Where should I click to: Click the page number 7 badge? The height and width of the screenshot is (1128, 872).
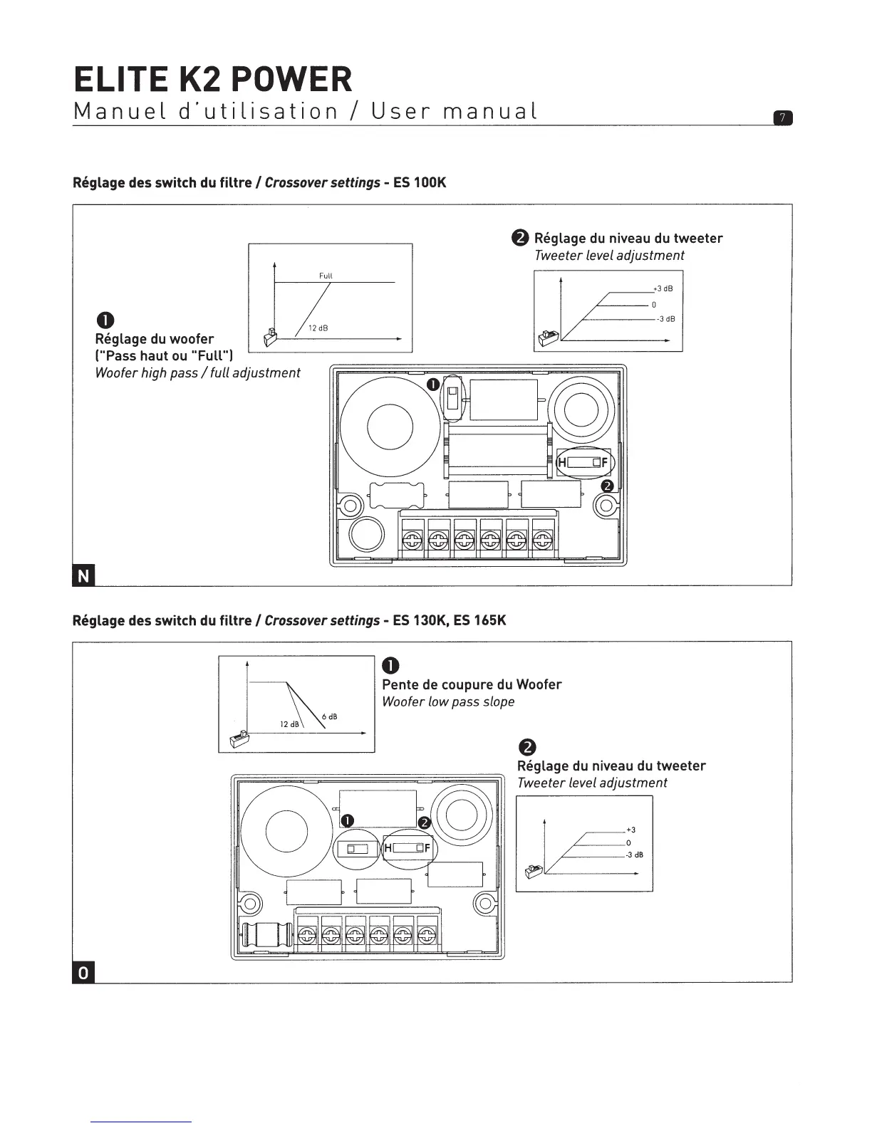point(782,118)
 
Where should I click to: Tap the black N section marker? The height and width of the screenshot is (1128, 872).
point(83,576)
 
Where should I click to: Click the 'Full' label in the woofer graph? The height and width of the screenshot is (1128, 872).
point(326,276)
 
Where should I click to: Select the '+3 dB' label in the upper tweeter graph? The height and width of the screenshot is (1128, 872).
point(663,288)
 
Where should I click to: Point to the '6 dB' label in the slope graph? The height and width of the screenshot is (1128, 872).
point(328,716)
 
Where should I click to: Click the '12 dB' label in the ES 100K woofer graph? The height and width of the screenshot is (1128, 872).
point(317,328)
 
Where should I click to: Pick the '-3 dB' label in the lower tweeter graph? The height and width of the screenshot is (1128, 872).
point(634,855)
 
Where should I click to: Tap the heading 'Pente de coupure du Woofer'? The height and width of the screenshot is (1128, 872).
point(472,684)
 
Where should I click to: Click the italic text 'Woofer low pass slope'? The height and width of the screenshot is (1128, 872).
point(448,702)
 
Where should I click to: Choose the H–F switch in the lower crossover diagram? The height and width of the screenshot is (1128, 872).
point(408,848)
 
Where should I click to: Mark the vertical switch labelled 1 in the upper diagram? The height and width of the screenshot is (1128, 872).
point(452,399)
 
